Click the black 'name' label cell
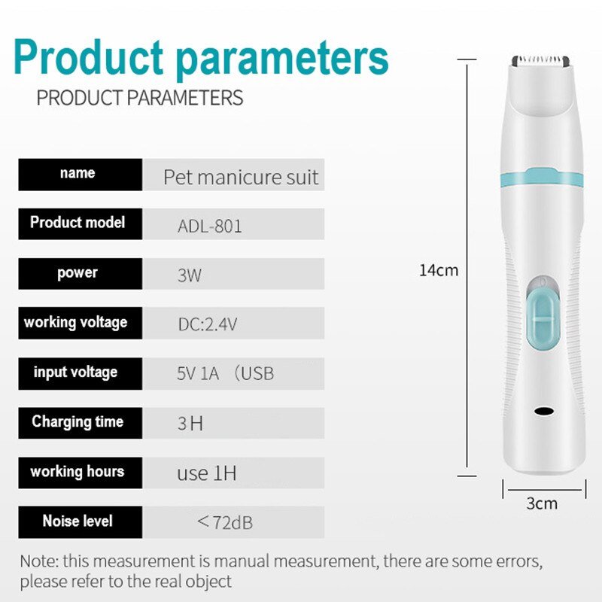(79, 174)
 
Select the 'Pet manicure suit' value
(241, 178)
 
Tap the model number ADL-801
(210, 226)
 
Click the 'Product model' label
(78, 223)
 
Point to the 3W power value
(190, 275)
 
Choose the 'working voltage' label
(76, 323)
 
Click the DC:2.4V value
(208, 325)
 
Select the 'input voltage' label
(76, 372)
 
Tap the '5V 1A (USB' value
(225, 374)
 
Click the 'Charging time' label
(78, 421)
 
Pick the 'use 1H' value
(206, 473)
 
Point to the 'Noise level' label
(78, 521)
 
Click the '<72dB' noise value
(224, 522)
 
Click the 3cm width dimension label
(542, 503)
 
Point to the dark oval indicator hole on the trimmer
(543, 412)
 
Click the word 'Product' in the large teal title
(89, 57)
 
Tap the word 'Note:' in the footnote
(39, 561)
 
